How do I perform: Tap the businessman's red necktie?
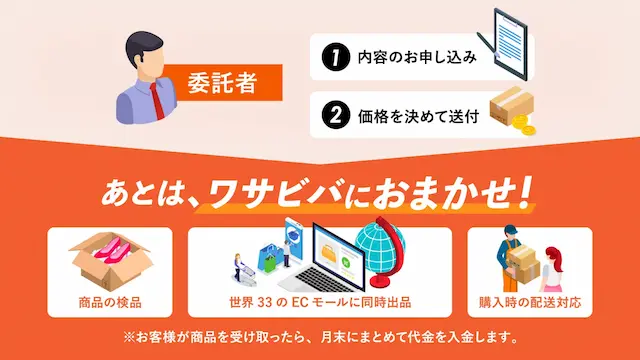158,101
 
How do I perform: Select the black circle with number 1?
336,57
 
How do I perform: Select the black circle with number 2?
336,115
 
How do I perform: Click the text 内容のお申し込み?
417,57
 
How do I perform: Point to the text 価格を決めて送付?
418,116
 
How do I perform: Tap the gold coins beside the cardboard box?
524,125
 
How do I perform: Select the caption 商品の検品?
110,302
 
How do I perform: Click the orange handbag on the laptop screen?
330,251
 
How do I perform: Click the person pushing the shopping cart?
238,266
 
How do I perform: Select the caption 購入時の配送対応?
530,302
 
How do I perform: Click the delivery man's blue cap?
511,229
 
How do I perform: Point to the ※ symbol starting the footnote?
129,338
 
